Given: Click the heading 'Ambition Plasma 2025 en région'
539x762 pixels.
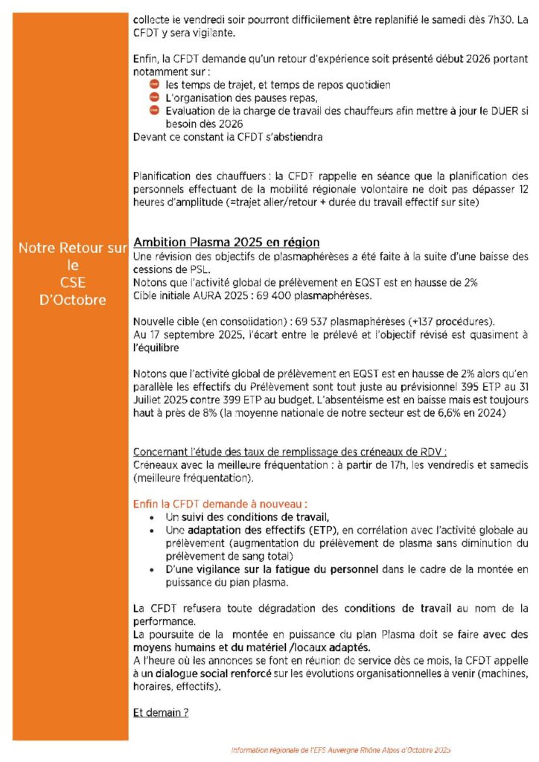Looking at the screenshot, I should click(226, 243).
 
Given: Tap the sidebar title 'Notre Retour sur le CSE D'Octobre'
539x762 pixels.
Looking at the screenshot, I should click(73, 274).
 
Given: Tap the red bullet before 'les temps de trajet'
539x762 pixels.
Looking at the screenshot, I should click(155, 86).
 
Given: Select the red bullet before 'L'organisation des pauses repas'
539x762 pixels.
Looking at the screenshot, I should click(155, 98).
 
